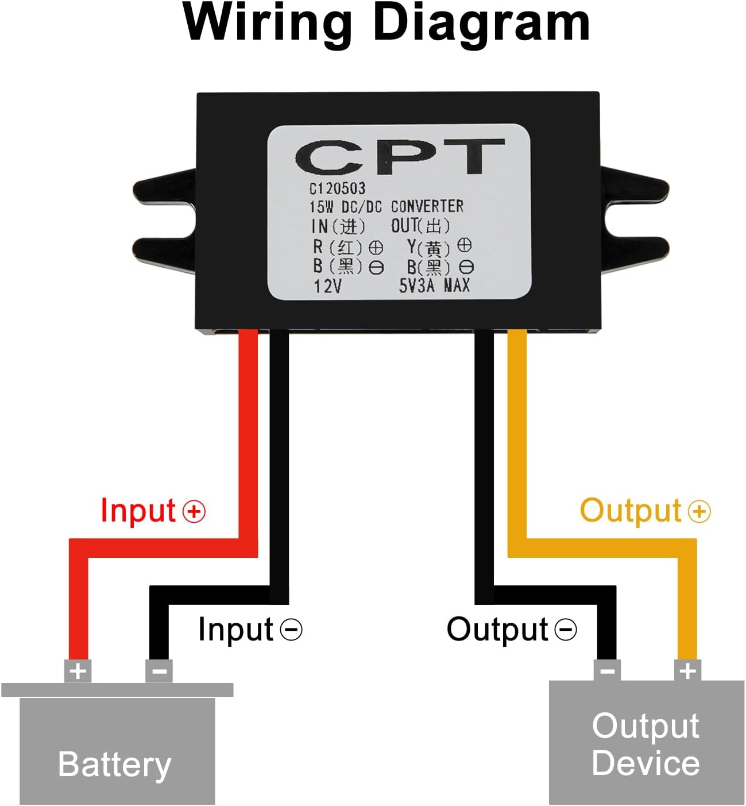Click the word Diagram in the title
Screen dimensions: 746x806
coord(481,25)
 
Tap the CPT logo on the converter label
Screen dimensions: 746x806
coord(400,157)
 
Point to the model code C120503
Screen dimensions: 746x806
coord(337,188)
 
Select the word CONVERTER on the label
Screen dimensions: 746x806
coord(427,206)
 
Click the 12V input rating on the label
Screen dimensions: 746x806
coord(328,287)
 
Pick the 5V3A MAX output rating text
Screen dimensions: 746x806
coord(434,286)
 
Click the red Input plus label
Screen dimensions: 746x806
coord(153,510)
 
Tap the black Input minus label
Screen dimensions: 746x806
coord(250,629)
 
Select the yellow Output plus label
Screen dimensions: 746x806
coord(645,510)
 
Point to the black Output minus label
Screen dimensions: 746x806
coord(512,629)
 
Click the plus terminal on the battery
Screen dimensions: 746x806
coord(78,671)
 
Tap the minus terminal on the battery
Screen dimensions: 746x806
coord(159,671)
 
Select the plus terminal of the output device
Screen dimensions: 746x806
coord(687,670)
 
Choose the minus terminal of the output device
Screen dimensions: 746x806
coord(607,670)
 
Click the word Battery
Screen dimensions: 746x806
coord(115,764)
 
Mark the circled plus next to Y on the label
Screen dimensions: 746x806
coord(465,245)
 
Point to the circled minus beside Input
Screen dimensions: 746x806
coord(291,630)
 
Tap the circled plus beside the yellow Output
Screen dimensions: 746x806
coord(699,511)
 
